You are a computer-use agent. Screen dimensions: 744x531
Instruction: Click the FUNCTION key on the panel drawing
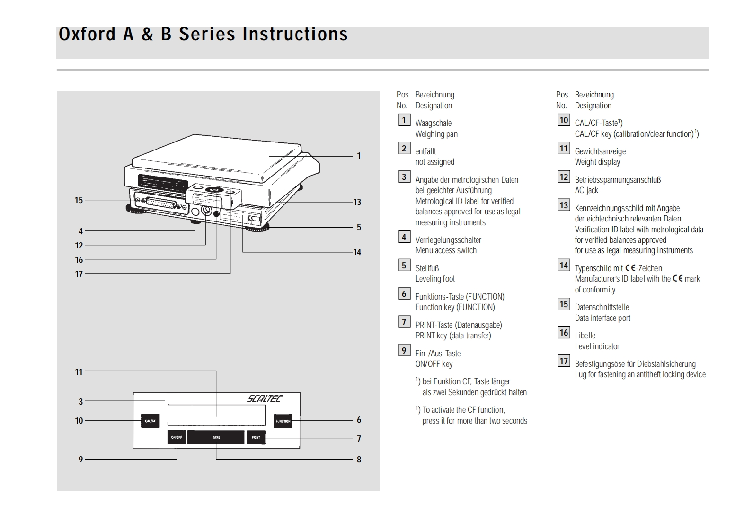[x=283, y=421]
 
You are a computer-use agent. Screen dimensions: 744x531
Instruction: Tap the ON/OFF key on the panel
[x=177, y=437]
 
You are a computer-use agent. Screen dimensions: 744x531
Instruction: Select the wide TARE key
[x=216, y=437]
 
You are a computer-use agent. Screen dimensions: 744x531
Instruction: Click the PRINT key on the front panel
[x=256, y=437]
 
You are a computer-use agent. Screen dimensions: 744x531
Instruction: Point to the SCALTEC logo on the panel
[x=265, y=398]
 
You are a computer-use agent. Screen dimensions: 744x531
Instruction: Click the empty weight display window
[x=216, y=415]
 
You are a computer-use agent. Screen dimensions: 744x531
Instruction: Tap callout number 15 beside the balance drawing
[x=79, y=200]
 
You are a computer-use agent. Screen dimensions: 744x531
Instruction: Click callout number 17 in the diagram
[x=79, y=274]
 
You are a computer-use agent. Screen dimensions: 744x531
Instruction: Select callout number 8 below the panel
[x=359, y=459]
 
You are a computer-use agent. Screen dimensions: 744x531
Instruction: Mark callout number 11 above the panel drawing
[x=79, y=372]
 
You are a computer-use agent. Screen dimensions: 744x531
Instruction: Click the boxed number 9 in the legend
[x=404, y=350]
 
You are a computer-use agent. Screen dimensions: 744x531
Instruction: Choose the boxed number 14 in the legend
[x=564, y=265]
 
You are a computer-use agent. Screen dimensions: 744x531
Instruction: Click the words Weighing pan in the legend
[x=436, y=134]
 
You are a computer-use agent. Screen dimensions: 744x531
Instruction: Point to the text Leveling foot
[x=435, y=279]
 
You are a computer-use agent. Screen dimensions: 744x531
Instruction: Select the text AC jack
[x=586, y=190]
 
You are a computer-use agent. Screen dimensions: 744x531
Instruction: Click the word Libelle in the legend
[x=585, y=336]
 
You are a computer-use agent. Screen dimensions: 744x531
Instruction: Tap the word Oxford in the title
[x=87, y=34]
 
